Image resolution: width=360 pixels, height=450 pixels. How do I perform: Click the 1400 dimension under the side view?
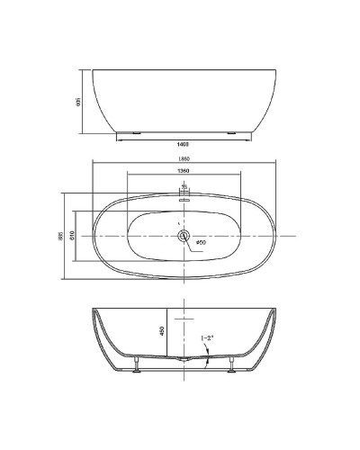click(184, 144)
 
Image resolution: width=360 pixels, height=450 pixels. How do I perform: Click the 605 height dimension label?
click(80, 101)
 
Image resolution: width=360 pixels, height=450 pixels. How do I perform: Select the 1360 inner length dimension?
click(184, 171)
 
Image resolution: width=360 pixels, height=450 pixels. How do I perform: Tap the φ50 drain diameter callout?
click(201, 242)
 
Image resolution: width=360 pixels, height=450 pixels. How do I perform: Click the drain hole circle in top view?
click(184, 237)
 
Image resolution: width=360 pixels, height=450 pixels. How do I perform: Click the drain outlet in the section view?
click(184, 359)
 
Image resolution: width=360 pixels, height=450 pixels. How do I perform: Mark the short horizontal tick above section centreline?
click(184, 319)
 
